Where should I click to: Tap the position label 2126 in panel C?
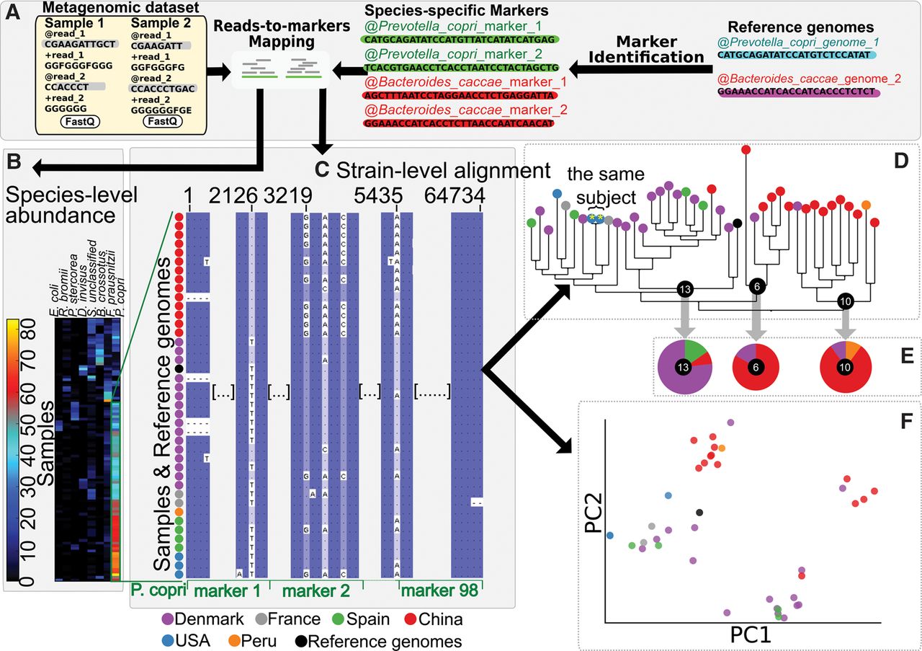[251, 196]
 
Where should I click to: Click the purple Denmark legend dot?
[168, 619]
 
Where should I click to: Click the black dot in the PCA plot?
[699, 513]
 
